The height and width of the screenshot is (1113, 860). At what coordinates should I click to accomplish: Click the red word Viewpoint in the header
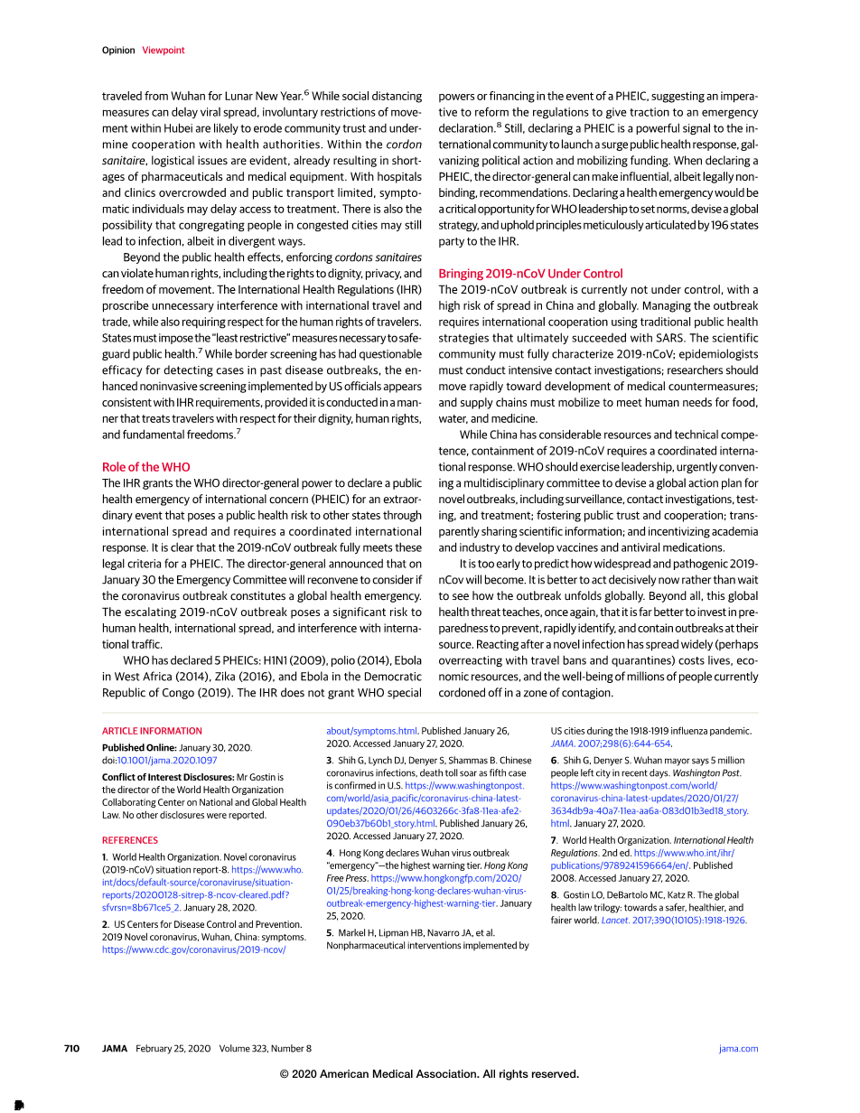(163, 51)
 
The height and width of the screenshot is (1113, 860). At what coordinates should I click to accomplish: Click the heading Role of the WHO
(146, 467)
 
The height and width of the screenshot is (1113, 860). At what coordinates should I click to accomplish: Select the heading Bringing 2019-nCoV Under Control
(530, 274)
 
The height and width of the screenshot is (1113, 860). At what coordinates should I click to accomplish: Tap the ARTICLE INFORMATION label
(152, 731)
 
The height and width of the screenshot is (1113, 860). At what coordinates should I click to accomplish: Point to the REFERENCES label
(130, 840)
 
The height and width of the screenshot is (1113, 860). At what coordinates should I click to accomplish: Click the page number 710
(71, 1049)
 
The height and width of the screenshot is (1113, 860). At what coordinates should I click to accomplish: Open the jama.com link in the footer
(738, 1049)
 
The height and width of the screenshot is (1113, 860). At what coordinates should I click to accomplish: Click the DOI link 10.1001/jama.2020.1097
(167, 761)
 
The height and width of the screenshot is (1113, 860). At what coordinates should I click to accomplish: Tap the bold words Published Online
(138, 748)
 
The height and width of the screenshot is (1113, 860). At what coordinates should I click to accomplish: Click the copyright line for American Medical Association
(429, 1074)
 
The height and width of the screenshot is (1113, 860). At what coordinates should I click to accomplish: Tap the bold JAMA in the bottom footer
(114, 1049)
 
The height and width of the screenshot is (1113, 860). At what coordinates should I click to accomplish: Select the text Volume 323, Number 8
(266, 1049)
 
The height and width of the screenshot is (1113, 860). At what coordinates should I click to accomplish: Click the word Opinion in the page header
(118, 51)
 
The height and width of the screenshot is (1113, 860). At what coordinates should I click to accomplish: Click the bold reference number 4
(330, 853)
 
